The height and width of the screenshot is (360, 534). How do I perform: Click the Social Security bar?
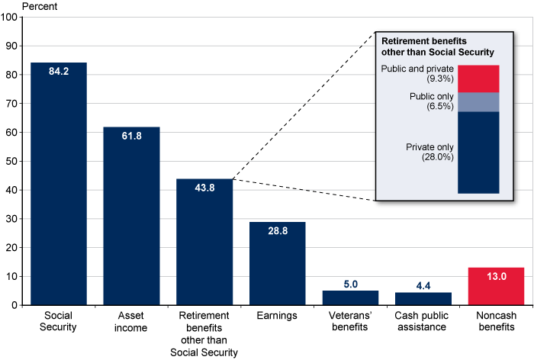[x=58, y=191]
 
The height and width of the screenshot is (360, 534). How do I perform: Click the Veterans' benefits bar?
[x=350, y=298]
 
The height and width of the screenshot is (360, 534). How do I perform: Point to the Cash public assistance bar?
[x=423, y=299]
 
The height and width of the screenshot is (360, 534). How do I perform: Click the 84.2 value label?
[x=58, y=73]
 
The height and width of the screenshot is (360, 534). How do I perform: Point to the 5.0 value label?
[x=350, y=284]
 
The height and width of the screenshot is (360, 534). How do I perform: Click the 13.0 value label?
[x=497, y=278]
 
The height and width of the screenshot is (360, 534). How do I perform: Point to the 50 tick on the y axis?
[x=14, y=161]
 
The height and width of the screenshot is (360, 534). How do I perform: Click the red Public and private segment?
[x=478, y=79]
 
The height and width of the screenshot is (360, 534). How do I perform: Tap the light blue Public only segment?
[x=478, y=102]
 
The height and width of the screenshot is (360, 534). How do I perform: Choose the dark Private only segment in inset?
[x=478, y=153]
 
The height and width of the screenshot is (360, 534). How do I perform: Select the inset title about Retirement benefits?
[x=435, y=47]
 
